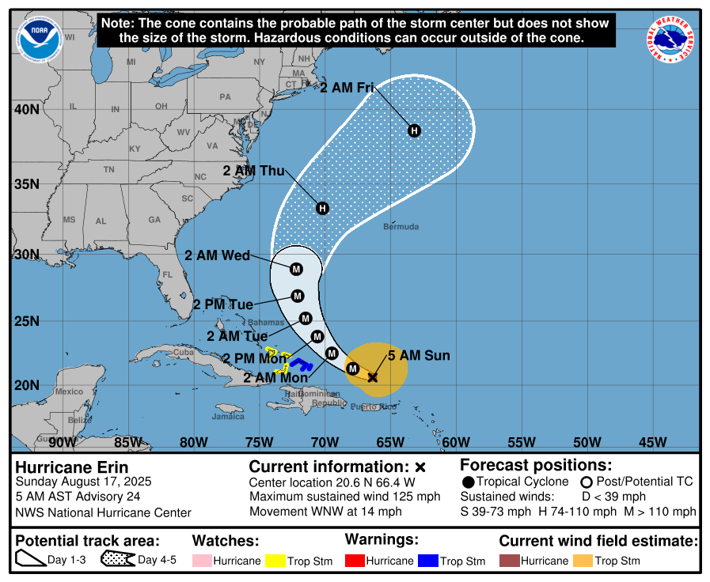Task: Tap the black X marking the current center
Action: pyautogui.click(x=373, y=377)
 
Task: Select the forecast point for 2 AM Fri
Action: pyautogui.click(x=414, y=130)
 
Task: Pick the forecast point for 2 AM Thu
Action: pyautogui.click(x=322, y=208)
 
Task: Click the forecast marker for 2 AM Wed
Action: pyautogui.click(x=296, y=269)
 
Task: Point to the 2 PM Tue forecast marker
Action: pyautogui.click(x=298, y=297)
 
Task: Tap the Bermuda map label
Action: pyautogui.click(x=401, y=227)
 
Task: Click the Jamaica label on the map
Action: pyautogui.click(x=228, y=416)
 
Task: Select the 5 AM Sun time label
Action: pyautogui.click(x=419, y=356)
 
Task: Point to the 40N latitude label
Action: pyautogui.click(x=27, y=109)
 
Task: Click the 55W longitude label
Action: pyautogui.click(x=521, y=442)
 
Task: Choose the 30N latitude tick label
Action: pyautogui.click(x=27, y=255)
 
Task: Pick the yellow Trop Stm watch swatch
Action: pyautogui.click(x=275, y=561)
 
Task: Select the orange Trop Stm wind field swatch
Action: pyautogui.click(x=583, y=561)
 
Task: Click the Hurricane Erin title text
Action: pyautogui.click(x=71, y=467)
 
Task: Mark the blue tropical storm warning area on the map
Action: pyautogui.click(x=300, y=364)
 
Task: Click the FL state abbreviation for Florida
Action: pyautogui.click(x=167, y=275)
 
